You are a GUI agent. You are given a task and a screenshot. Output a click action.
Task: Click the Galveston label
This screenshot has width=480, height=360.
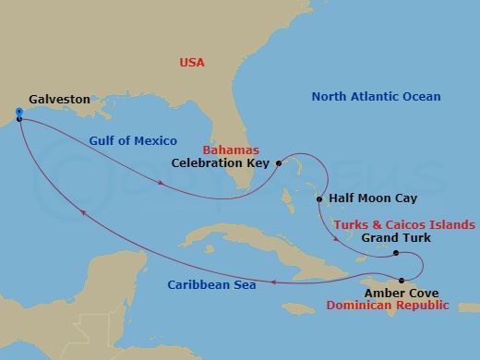click(59, 98)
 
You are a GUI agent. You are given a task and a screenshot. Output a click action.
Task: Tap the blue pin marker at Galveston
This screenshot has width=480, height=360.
click(18, 114)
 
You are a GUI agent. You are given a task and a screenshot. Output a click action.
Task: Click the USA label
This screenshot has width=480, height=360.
click(192, 63)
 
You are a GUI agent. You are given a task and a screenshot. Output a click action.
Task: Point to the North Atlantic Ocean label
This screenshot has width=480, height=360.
click(376, 96)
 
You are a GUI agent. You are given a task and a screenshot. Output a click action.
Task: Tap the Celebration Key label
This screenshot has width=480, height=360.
click(220, 163)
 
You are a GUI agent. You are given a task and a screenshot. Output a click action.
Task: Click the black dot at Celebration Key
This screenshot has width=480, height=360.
click(277, 163)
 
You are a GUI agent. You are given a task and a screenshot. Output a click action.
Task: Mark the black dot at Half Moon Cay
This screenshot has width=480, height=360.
click(319, 199)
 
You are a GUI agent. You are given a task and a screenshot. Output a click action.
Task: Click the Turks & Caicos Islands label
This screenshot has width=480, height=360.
click(404, 224)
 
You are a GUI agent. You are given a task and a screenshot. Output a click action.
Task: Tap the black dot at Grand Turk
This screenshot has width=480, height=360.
click(395, 253)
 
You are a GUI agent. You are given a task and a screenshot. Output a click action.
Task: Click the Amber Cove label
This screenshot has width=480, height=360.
click(396, 293)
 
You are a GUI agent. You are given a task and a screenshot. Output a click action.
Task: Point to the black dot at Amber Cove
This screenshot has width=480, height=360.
click(402, 280)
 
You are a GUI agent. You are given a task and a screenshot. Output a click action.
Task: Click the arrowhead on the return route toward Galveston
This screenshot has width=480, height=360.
click(84, 213)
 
